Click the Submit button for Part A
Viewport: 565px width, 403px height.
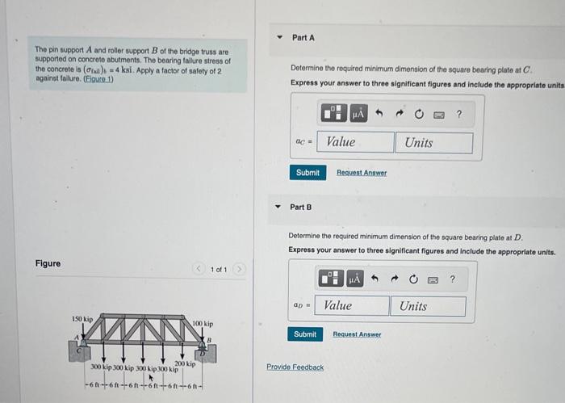point(308,172)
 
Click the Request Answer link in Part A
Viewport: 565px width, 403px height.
point(361,173)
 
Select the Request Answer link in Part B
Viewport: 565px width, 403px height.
point(357,334)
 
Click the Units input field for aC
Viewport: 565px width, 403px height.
point(433,142)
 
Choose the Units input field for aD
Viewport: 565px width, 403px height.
point(428,306)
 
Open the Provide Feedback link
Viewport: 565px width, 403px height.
point(295,367)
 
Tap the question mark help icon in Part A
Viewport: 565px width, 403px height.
point(458,115)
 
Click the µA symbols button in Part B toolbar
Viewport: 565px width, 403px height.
point(356,279)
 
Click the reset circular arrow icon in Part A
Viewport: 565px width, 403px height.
point(419,115)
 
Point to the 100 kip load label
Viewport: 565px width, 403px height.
point(203,323)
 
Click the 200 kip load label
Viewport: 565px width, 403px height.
point(186,364)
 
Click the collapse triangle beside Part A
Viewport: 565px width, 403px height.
point(279,38)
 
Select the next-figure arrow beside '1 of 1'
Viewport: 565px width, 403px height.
point(239,268)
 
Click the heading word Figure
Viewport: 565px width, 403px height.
point(48,263)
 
